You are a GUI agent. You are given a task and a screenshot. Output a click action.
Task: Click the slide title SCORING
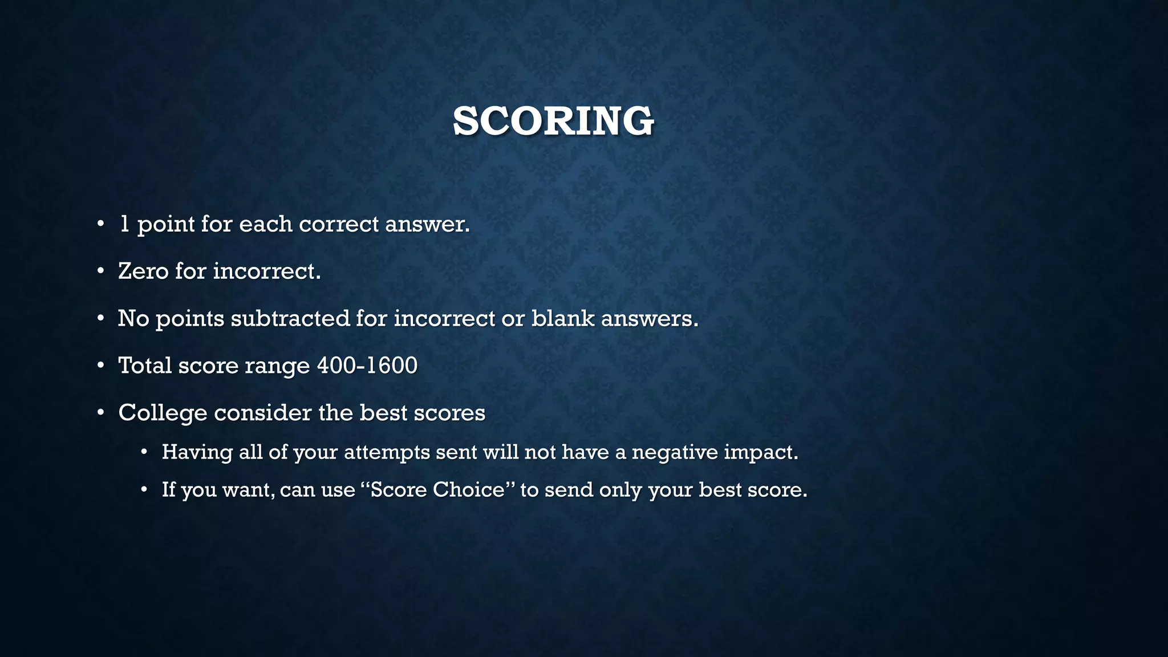[x=553, y=121]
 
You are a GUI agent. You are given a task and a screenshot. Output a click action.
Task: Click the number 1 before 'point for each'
[x=124, y=224]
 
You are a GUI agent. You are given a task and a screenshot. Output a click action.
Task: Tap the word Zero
[x=143, y=271]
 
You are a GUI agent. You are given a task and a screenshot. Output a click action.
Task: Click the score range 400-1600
[x=367, y=366]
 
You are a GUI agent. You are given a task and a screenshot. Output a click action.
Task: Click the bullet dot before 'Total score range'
[x=100, y=365]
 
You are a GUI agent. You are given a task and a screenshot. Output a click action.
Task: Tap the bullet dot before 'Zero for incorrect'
[x=100, y=271]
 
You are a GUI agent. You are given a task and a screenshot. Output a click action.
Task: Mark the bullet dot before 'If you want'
[x=144, y=489]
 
